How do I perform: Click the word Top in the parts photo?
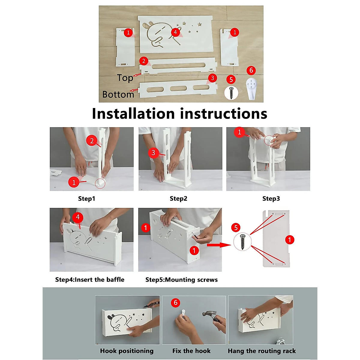[x=125, y=78]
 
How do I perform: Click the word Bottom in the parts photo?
[x=118, y=94]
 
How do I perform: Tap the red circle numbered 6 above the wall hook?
[x=251, y=70]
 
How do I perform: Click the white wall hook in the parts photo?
[x=251, y=88]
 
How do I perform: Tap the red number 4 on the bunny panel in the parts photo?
[x=175, y=32]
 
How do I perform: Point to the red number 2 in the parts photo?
[x=144, y=61]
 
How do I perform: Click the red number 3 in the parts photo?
[x=212, y=78]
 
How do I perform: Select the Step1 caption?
[x=86, y=199]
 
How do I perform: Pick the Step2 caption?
[x=178, y=199]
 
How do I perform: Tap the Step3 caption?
[x=271, y=199]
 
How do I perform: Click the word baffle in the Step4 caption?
[x=115, y=280]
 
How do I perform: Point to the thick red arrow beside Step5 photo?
[x=219, y=245]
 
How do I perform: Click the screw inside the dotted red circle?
[x=242, y=242]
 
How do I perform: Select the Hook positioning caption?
[x=127, y=351]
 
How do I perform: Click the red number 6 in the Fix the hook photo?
[x=175, y=302]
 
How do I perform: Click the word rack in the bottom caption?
[x=289, y=351]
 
